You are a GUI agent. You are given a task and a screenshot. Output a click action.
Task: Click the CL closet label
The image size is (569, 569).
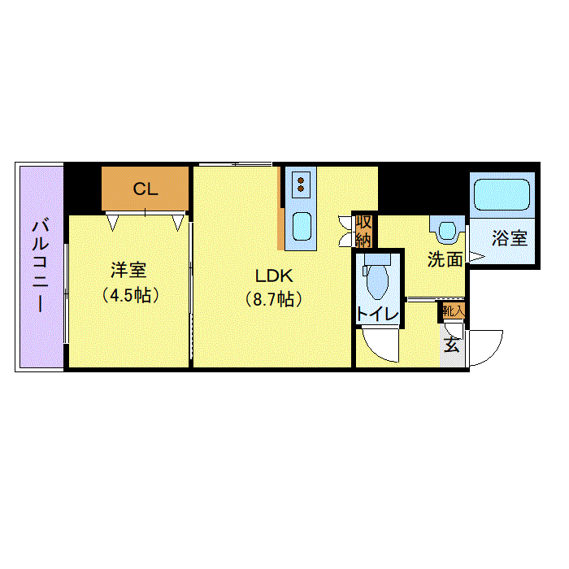pyautogui.click(x=146, y=189)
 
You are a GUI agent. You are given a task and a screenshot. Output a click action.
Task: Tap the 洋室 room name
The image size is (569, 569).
pyautogui.click(x=128, y=270)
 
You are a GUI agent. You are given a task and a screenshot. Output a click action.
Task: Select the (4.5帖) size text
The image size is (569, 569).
pyautogui.click(x=130, y=295)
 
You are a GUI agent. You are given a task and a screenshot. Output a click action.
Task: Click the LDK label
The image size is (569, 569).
pyautogui.click(x=274, y=276)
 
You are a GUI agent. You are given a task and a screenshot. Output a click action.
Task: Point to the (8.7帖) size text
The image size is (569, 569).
pyautogui.click(x=274, y=299)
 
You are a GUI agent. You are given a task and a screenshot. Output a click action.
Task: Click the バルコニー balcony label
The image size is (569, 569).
pyautogui.click(x=41, y=265)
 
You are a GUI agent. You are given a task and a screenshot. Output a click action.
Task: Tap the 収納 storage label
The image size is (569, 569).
pyautogui.click(x=363, y=230)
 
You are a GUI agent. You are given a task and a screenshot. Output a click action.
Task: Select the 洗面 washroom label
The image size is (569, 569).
pyautogui.click(x=445, y=259)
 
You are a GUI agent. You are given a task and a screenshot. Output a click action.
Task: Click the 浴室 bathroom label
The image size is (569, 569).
pyautogui.click(x=510, y=238)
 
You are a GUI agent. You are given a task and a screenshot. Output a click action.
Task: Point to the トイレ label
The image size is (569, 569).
pyautogui.click(x=378, y=314)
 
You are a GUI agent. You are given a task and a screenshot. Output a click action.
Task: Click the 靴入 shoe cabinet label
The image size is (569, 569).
pyautogui.click(x=453, y=311)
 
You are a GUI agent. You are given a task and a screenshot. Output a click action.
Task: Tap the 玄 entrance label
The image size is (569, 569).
pyautogui.click(x=452, y=345)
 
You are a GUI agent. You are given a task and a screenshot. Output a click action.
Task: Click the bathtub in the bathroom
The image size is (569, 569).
pyautogui.click(x=502, y=194)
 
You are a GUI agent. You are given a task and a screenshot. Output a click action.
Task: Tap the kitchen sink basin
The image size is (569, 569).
pyautogui.click(x=302, y=226)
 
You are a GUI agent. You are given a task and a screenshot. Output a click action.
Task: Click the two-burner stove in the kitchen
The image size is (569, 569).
pyautogui.click(x=301, y=185)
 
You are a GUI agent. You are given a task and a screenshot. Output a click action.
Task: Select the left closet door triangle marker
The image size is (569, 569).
pyautogui.click(x=112, y=222)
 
